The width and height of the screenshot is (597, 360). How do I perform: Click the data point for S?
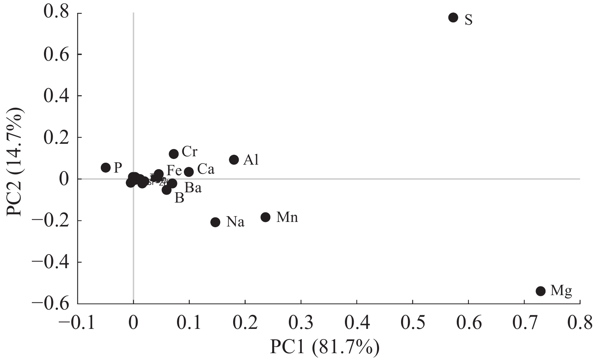coord(453,17)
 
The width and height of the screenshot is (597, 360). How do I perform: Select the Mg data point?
coord(541,291)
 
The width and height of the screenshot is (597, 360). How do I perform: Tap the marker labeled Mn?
coord(265,217)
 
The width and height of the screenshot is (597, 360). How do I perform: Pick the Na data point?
coord(215,222)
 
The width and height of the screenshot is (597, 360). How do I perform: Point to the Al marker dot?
coord(234,160)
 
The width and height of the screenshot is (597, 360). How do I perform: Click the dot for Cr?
coord(174,154)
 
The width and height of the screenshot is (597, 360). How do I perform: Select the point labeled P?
coord(106,168)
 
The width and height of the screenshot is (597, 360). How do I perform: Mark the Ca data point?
coord(189,172)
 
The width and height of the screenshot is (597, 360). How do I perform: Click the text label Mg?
coord(561,291)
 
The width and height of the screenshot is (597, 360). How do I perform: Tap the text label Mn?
coord(287,217)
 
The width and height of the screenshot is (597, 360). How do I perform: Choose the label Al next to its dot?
coord(251,160)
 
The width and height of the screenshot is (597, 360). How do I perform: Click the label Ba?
coord(193,188)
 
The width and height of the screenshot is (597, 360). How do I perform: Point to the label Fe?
coord(174,170)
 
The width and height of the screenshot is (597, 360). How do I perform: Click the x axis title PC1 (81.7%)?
coord(324,346)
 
